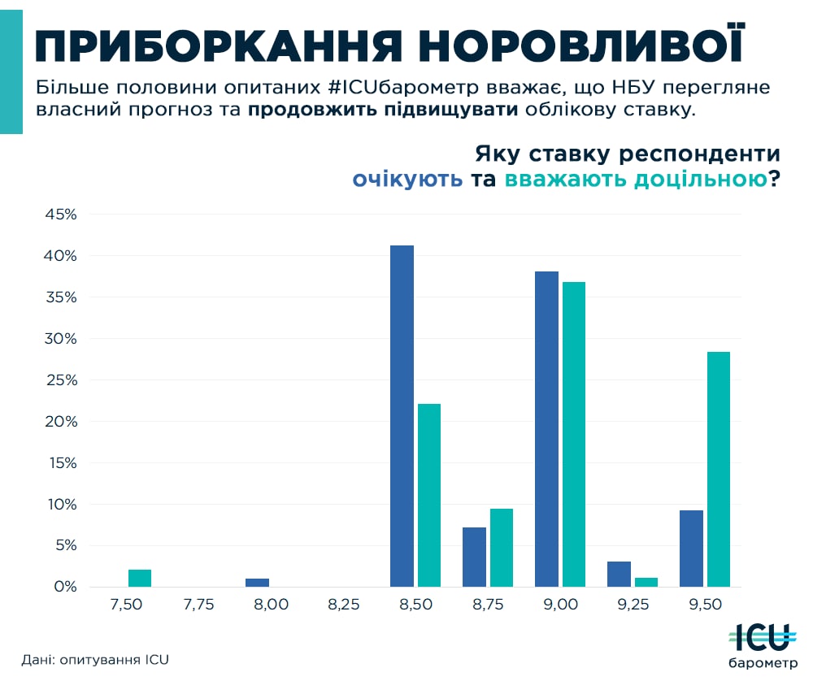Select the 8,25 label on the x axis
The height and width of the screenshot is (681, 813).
click(x=343, y=605)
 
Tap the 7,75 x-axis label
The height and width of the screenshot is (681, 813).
click(x=198, y=605)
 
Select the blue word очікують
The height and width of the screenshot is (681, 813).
click(x=407, y=180)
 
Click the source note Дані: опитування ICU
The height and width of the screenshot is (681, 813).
click(x=95, y=659)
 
